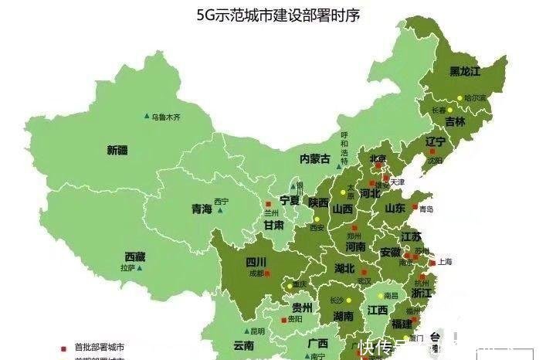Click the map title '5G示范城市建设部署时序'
278,15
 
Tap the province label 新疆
117,151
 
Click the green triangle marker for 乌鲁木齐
147,116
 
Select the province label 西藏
135,256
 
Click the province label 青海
202,209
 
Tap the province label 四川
256,261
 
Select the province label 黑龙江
465,71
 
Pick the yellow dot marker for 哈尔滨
459,99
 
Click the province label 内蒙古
315,158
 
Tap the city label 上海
444,262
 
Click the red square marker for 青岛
422,209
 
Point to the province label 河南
355,247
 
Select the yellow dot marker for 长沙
348,300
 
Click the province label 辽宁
436,142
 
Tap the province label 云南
244,346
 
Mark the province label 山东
395,208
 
